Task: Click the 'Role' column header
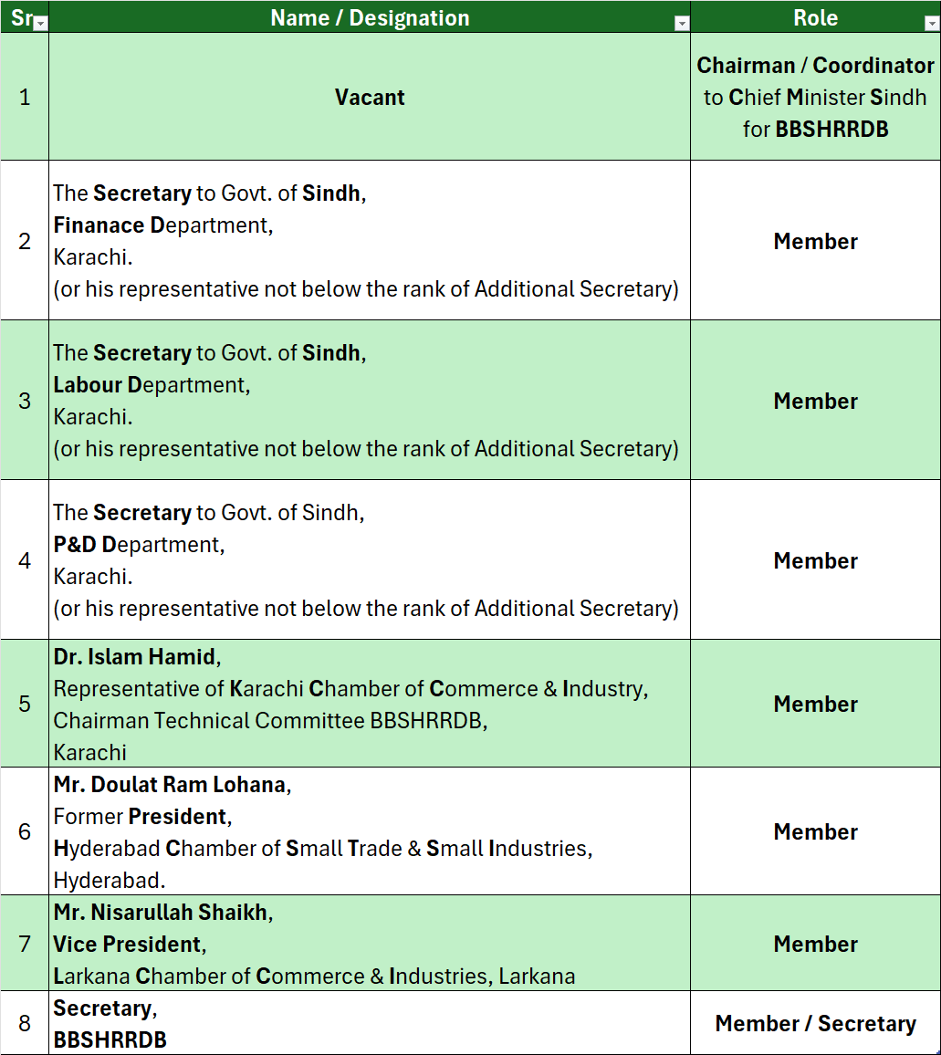[815, 17]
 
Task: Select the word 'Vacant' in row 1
[370, 98]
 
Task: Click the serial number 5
[25, 704]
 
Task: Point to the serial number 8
[25, 1023]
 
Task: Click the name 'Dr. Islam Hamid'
[135, 656]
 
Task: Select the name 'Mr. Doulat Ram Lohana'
[170, 784]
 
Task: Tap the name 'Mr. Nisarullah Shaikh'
[161, 912]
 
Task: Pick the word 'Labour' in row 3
[88, 385]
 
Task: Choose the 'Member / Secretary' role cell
[815, 1024]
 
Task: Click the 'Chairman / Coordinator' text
[815, 66]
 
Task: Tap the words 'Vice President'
[127, 944]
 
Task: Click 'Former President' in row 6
[141, 816]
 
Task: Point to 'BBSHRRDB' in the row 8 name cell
[110, 1039]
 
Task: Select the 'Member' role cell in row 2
[815, 242]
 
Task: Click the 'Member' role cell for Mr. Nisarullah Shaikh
[815, 945]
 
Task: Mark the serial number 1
[25, 98]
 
